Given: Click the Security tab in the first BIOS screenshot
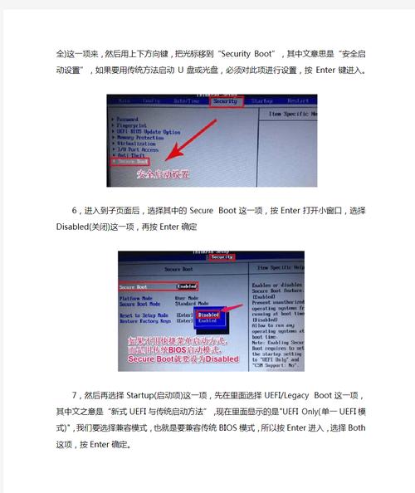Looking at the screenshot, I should (226, 101).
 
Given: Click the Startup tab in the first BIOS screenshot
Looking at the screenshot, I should (261, 101).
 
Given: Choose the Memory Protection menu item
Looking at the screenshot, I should (139, 137).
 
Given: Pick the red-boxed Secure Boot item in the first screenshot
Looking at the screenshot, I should (131, 160).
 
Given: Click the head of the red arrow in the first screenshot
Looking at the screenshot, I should (167, 159).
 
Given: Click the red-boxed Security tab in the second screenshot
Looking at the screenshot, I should (221, 257).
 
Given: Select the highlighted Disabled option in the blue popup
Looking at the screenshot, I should (208, 315).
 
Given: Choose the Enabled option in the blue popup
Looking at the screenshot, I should (208, 320).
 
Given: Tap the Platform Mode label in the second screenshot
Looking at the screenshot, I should (136, 297).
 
